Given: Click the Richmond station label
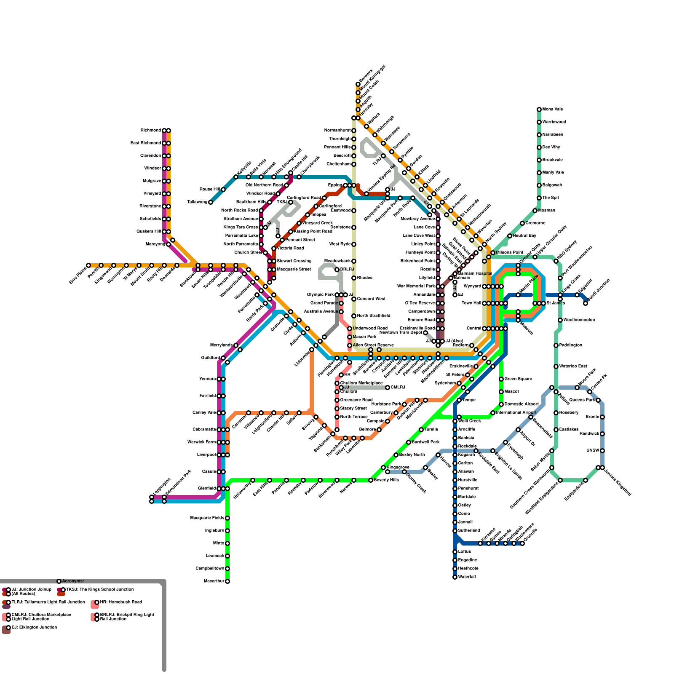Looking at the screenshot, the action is (x=150, y=131).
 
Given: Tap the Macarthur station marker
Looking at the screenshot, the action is (x=227, y=581).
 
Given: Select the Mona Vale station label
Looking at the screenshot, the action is (x=553, y=110).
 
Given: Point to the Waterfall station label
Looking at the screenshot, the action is (x=467, y=577).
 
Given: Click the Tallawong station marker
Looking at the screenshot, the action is (x=211, y=202).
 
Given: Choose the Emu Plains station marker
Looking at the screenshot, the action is (x=88, y=265).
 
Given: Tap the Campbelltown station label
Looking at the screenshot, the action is (x=210, y=569).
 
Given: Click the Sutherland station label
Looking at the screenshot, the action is (x=469, y=531).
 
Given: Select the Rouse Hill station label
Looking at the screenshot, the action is (x=209, y=190).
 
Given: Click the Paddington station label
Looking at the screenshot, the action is (x=570, y=345).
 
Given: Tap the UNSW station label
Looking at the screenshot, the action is (x=593, y=451).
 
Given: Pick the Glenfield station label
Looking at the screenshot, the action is (x=207, y=489).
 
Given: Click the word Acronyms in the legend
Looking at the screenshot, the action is (x=73, y=581).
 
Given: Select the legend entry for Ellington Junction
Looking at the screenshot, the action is (x=34, y=628).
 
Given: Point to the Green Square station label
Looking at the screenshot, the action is (x=519, y=379).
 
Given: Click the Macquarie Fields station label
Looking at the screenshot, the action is (x=207, y=518).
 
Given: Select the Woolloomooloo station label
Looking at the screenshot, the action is (x=579, y=320).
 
